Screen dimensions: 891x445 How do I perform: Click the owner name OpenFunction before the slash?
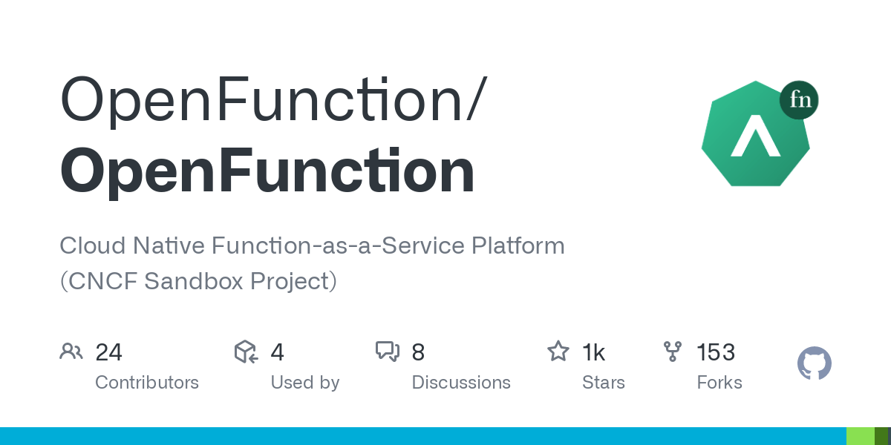[x=261, y=100]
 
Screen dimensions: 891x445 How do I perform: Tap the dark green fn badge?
[x=799, y=99]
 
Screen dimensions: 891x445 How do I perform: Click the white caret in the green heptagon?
[x=755, y=136]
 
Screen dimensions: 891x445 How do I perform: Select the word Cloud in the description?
[x=93, y=245]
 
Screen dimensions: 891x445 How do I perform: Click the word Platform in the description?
[x=518, y=245]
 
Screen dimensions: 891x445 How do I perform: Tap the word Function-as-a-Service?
[x=338, y=245]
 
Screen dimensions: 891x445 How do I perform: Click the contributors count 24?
[x=108, y=352]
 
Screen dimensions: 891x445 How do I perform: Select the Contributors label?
[x=147, y=383]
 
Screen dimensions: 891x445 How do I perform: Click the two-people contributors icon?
[x=71, y=352]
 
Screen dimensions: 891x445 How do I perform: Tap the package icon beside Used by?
[x=247, y=352]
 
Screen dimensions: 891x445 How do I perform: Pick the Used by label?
[x=305, y=383]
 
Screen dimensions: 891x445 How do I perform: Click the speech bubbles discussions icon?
[x=388, y=352]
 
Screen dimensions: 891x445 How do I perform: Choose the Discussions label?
[x=461, y=383]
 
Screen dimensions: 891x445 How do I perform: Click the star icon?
[x=558, y=351]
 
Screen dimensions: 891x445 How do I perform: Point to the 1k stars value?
[x=593, y=352]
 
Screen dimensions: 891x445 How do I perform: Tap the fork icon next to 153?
[x=673, y=352]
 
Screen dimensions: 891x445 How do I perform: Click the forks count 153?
[x=716, y=352]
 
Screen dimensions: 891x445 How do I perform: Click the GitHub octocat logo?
[x=815, y=363]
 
